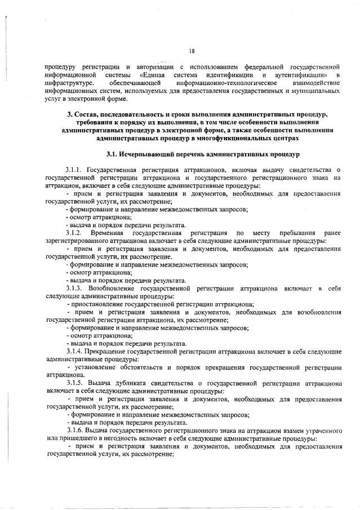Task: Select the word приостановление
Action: [x=100, y=303]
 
